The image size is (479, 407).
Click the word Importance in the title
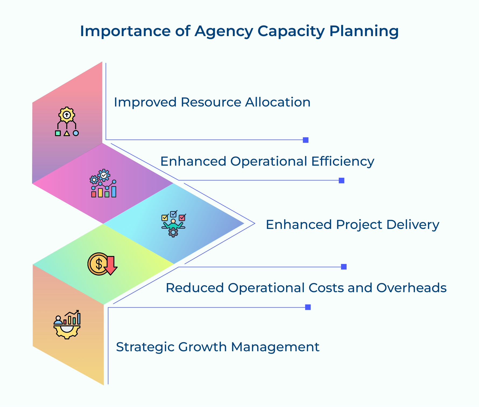point(125,31)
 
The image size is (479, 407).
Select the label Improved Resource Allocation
point(212,102)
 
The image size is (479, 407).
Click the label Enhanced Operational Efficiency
point(267,161)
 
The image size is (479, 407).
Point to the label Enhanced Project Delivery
point(352,224)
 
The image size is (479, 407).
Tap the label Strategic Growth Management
point(217,347)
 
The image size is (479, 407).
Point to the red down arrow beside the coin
point(111,265)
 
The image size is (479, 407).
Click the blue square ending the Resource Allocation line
point(305,140)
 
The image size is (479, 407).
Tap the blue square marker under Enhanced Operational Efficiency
point(341,180)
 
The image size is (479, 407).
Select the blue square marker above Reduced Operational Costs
point(344,267)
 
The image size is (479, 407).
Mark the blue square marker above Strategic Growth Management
point(308,307)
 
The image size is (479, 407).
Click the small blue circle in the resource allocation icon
point(76,133)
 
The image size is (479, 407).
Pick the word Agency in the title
point(224,32)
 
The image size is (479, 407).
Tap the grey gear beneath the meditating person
point(173,232)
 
